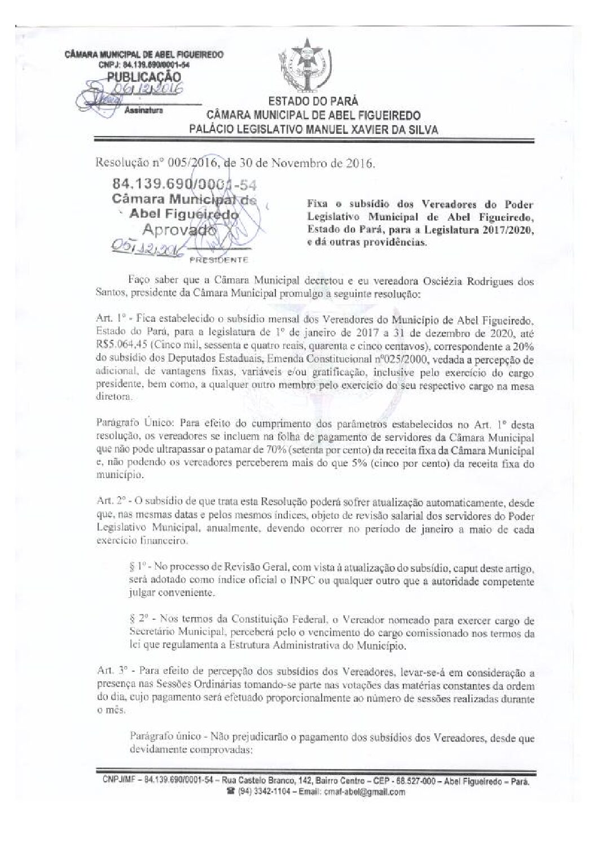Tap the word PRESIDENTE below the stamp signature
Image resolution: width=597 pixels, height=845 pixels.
(219, 260)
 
